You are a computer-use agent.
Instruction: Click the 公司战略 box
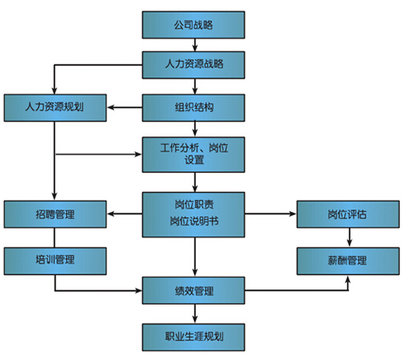tap(194, 25)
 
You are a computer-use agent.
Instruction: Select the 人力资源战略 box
tap(194, 65)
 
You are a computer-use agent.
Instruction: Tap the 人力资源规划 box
tap(55, 108)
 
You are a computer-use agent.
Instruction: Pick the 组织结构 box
tap(194, 108)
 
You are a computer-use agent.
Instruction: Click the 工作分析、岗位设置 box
tap(194, 155)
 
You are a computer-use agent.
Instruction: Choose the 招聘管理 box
tap(55, 214)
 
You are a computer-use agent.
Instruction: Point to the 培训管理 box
tap(55, 261)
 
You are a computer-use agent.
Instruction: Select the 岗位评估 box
tap(348, 214)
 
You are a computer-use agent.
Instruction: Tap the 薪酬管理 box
tap(348, 261)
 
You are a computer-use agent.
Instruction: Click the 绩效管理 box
tap(194, 290)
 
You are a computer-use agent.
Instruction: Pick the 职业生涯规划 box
tap(194, 337)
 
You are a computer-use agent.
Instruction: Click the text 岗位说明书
tap(194, 221)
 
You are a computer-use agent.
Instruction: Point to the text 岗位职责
tap(194, 205)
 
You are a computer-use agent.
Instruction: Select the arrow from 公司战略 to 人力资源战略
tap(195, 45)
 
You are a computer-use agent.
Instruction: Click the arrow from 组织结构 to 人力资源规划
tap(125, 108)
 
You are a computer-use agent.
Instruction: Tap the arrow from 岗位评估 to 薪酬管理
tap(349, 237)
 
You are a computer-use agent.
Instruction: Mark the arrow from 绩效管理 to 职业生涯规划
tap(195, 313)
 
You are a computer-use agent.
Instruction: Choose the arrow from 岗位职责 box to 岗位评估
tap(271, 213)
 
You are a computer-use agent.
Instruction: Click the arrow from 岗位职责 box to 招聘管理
tap(125, 213)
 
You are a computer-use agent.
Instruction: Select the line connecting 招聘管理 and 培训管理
tap(55, 238)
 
